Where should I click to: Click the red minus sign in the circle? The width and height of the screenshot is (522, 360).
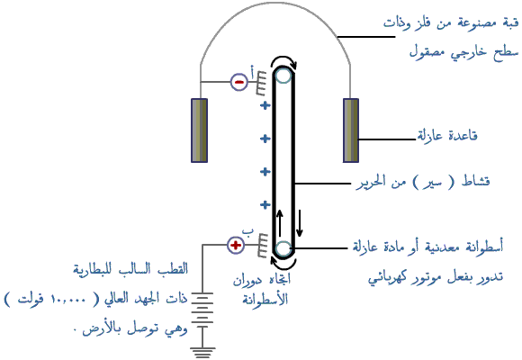pos(239,82)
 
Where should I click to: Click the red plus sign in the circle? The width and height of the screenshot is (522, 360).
pos(236,246)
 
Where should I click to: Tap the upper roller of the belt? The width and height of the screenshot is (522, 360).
pos(283,76)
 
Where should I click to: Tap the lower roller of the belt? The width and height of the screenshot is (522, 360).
pos(283,248)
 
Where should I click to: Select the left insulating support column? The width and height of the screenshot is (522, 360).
pos(200,130)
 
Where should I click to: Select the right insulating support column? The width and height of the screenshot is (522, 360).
pos(351,130)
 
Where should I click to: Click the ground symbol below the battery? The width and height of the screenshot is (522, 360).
pos(202,352)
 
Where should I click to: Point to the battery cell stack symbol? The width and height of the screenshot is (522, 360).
pos(202,310)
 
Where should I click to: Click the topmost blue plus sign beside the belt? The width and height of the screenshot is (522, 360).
pos(265,106)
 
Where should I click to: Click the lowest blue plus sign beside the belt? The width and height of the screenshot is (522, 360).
pos(265,205)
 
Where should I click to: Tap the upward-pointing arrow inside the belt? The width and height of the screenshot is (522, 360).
pos(280,223)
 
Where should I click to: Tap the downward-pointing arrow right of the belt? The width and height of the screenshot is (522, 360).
pos(300,223)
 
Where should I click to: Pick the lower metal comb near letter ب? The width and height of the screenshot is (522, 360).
pos(263,246)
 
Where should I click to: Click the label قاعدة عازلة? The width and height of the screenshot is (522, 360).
pos(447,136)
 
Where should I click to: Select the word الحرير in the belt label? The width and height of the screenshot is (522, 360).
pos(372,183)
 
